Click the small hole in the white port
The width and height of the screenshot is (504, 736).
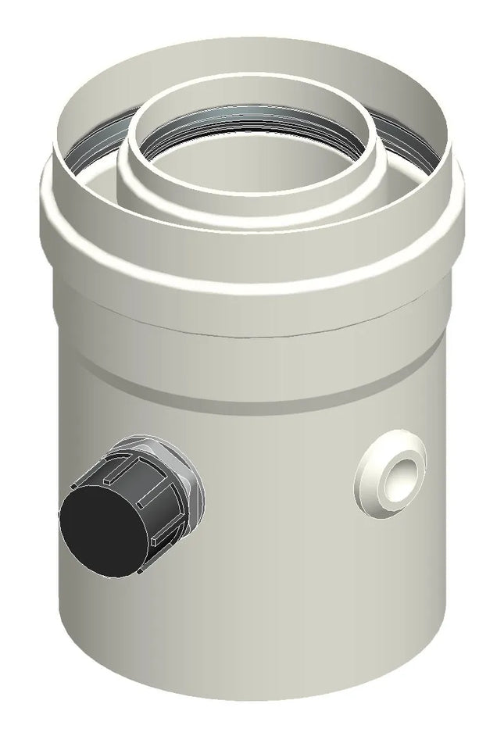point(403,471)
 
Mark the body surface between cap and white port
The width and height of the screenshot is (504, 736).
point(281,484)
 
